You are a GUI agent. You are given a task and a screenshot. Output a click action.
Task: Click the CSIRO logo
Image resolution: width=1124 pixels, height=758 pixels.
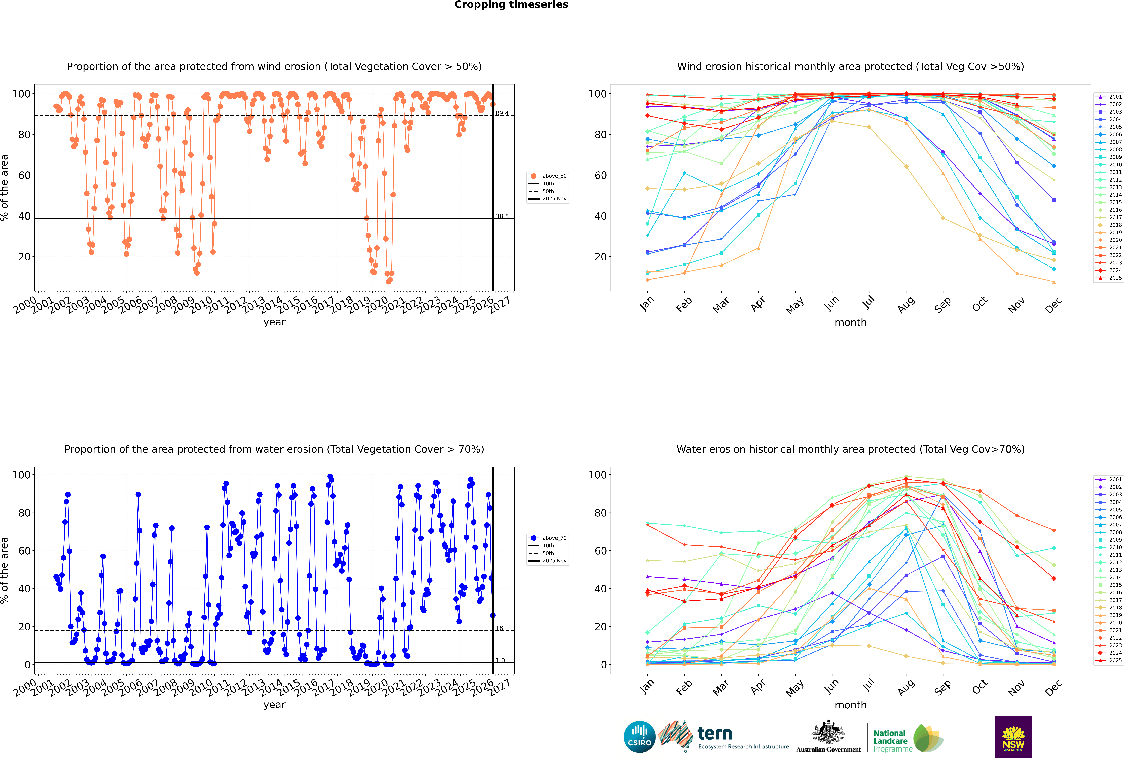pyautogui.click(x=639, y=737)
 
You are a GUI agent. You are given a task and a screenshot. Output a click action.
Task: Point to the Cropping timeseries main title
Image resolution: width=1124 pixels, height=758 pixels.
pyautogui.click(x=511, y=5)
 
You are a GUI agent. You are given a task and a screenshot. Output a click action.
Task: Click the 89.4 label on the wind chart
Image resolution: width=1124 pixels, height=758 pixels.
pyautogui.click(x=502, y=114)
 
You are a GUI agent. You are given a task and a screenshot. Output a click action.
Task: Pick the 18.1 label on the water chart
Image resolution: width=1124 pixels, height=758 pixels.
pyautogui.click(x=502, y=628)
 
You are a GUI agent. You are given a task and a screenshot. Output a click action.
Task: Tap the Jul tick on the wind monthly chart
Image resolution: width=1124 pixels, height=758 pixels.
pyautogui.click(x=868, y=303)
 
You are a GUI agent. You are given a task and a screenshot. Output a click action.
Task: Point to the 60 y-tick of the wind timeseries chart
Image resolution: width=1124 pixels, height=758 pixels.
pyautogui.click(x=24, y=176)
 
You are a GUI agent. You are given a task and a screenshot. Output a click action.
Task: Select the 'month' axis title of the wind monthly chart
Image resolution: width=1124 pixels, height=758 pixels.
pyautogui.click(x=850, y=322)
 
